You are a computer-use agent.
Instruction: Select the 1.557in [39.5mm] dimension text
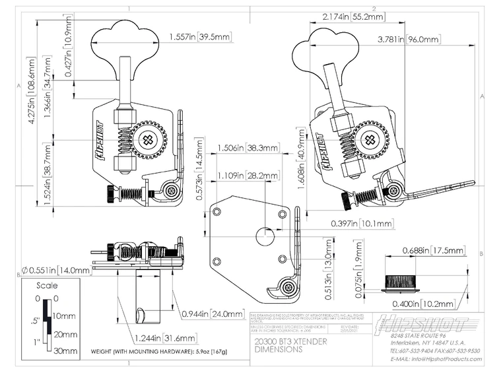(x=199, y=36)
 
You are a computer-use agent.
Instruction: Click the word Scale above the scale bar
(x=46, y=286)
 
